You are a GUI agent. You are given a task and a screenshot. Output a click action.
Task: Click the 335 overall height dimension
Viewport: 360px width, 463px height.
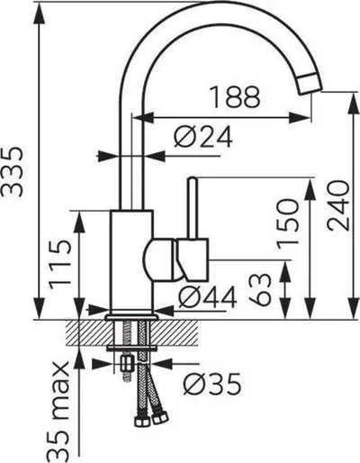[13, 172]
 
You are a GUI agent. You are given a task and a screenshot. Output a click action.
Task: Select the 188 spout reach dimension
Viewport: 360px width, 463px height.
[235, 97]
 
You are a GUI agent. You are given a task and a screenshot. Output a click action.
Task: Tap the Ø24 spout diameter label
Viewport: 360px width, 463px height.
[203, 137]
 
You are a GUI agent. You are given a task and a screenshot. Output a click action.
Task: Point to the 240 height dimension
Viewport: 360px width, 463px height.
[338, 205]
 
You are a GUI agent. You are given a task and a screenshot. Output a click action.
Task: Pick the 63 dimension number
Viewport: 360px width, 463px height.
[260, 289]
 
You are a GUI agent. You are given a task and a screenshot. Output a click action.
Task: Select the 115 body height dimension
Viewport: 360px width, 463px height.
[60, 265]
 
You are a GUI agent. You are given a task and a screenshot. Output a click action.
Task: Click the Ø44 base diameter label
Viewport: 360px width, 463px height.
[207, 297]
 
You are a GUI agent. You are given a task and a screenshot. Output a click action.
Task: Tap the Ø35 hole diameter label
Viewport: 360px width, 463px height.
[212, 384]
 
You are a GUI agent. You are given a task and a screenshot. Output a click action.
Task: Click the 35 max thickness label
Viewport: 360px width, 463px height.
[58, 412]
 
